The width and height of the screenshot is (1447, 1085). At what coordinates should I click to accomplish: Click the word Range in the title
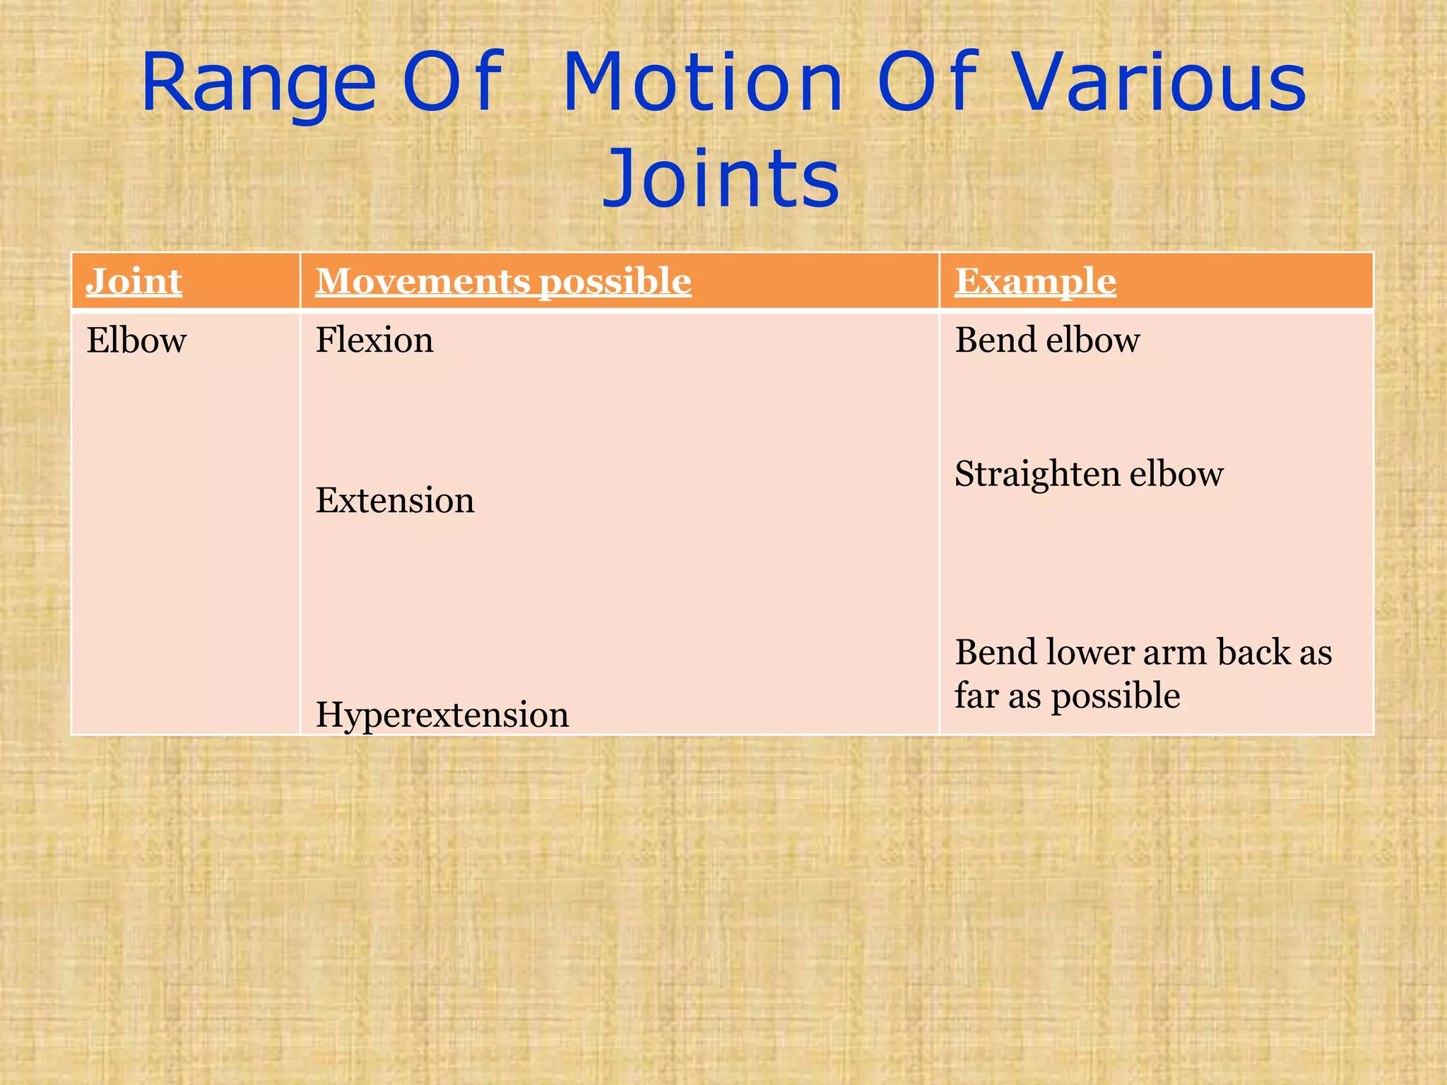258,85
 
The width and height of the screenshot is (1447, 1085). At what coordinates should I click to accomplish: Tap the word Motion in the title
703,85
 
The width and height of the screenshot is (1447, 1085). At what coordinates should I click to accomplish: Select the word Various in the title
1161,85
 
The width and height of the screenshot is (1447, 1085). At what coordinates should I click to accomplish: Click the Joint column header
134,281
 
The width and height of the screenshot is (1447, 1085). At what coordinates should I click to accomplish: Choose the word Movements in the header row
422,281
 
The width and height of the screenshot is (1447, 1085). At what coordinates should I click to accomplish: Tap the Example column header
1035,281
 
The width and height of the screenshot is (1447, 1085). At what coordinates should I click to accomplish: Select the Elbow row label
136,340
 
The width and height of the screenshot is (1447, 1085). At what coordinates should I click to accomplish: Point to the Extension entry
395,500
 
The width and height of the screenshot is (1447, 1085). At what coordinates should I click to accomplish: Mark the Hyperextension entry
442,715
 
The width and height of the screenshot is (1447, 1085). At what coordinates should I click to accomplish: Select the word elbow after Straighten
1176,474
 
